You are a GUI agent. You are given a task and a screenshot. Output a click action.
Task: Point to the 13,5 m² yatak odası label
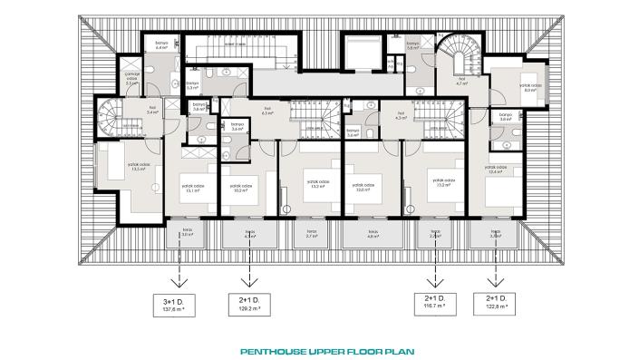(x=113, y=167)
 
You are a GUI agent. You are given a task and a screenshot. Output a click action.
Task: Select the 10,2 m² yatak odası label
(x=239, y=189)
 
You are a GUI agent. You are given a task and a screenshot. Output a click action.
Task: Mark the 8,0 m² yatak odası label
(x=530, y=87)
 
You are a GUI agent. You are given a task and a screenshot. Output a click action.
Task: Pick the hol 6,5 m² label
(x=267, y=112)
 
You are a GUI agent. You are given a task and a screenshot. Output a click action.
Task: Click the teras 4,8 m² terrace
(x=373, y=235)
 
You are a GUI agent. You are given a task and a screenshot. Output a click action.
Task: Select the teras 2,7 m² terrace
(x=311, y=235)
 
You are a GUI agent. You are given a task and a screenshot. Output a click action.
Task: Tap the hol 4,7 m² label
(x=460, y=81)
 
